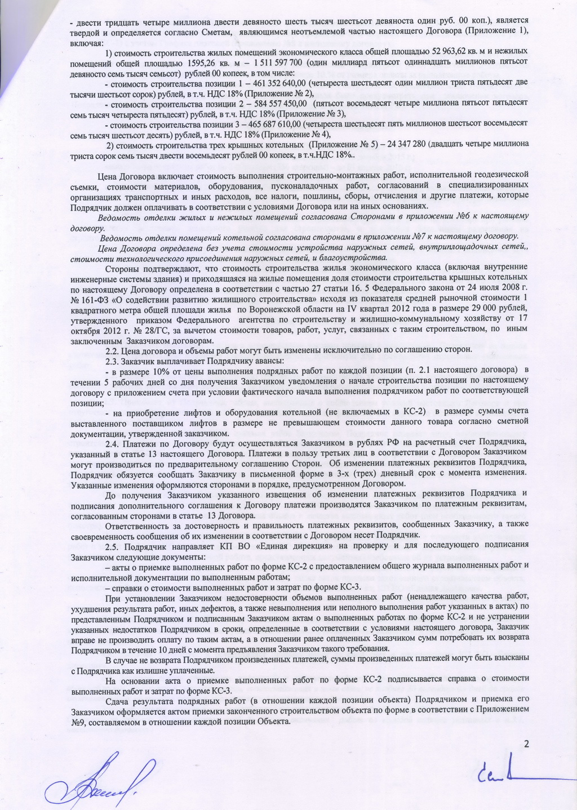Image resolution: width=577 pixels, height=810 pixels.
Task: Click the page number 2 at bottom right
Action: (527, 744)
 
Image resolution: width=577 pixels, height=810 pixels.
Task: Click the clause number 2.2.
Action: (114, 350)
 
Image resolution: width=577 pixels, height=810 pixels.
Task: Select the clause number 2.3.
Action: (114, 360)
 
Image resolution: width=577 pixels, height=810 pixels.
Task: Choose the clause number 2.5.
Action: (114, 545)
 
